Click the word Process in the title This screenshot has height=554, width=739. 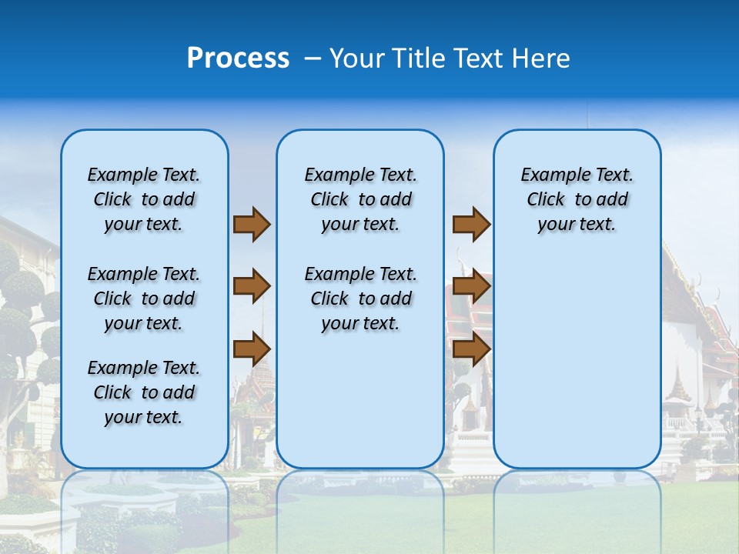pyautogui.click(x=238, y=58)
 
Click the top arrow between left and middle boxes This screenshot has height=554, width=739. pyautogui.click(x=252, y=224)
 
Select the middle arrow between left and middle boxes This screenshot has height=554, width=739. pyautogui.click(x=252, y=286)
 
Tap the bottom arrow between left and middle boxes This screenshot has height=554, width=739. pyautogui.click(x=252, y=349)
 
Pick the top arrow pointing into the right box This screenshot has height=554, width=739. pyautogui.click(x=471, y=224)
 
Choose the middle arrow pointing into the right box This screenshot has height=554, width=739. pyautogui.click(x=471, y=286)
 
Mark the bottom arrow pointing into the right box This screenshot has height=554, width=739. pyautogui.click(x=471, y=349)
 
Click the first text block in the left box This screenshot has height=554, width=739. pyautogui.click(x=144, y=199)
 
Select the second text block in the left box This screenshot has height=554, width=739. pyautogui.click(x=144, y=299)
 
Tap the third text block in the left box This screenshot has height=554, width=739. pyautogui.click(x=144, y=392)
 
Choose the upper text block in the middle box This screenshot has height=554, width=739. pyautogui.click(x=360, y=199)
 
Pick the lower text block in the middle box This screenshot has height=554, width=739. pyautogui.click(x=360, y=299)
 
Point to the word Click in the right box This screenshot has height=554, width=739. pyautogui.click(x=546, y=200)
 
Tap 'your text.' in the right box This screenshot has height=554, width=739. pyautogui.click(x=577, y=225)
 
